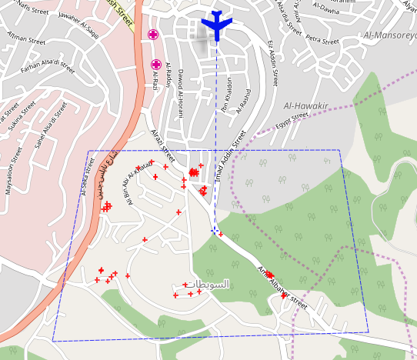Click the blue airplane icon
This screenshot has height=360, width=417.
[x=216, y=25]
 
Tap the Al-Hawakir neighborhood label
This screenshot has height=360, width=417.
[x=306, y=105]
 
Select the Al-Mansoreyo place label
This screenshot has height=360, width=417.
[x=391, y=35]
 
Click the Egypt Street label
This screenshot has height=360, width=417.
[x=292, y=121]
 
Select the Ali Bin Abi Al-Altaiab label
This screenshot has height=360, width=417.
[x=141, y=185]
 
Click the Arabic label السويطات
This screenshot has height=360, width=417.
[x=209, y=284]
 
